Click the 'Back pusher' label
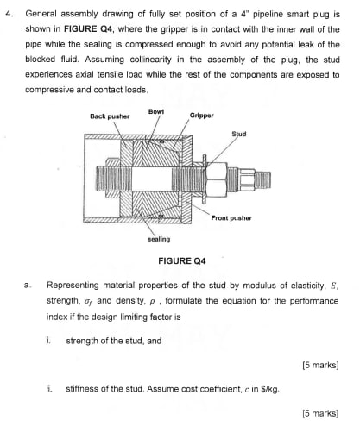coord(110,116)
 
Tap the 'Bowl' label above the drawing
coord(156,111)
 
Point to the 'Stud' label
coord(239,134)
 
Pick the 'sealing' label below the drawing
coord(159,239)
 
